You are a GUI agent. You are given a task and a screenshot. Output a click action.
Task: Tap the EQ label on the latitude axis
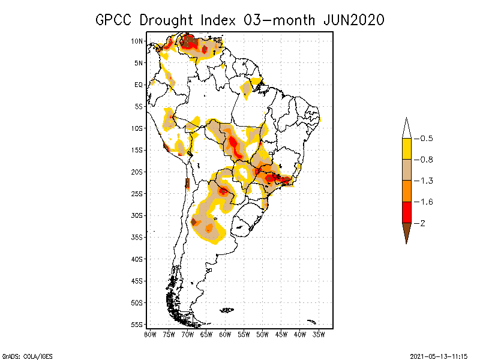pyautogui.click(x=139, y=85)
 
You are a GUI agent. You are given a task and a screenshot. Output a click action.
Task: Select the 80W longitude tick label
pyautogui.click(x=151, y=334)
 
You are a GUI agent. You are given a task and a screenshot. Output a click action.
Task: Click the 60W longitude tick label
pyautogui.click(x=226, y=334)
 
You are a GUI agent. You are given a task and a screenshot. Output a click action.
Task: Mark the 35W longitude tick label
pyautogui.click(x=319, y=334)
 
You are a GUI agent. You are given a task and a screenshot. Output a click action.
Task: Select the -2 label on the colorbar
pyautogui.click(x=422, y=223)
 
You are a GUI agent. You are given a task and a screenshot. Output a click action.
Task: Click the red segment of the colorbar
pyautogui.click(x=406, y=212)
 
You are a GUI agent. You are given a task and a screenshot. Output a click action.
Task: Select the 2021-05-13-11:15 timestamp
pyautogui.click(x=439, y=356)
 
